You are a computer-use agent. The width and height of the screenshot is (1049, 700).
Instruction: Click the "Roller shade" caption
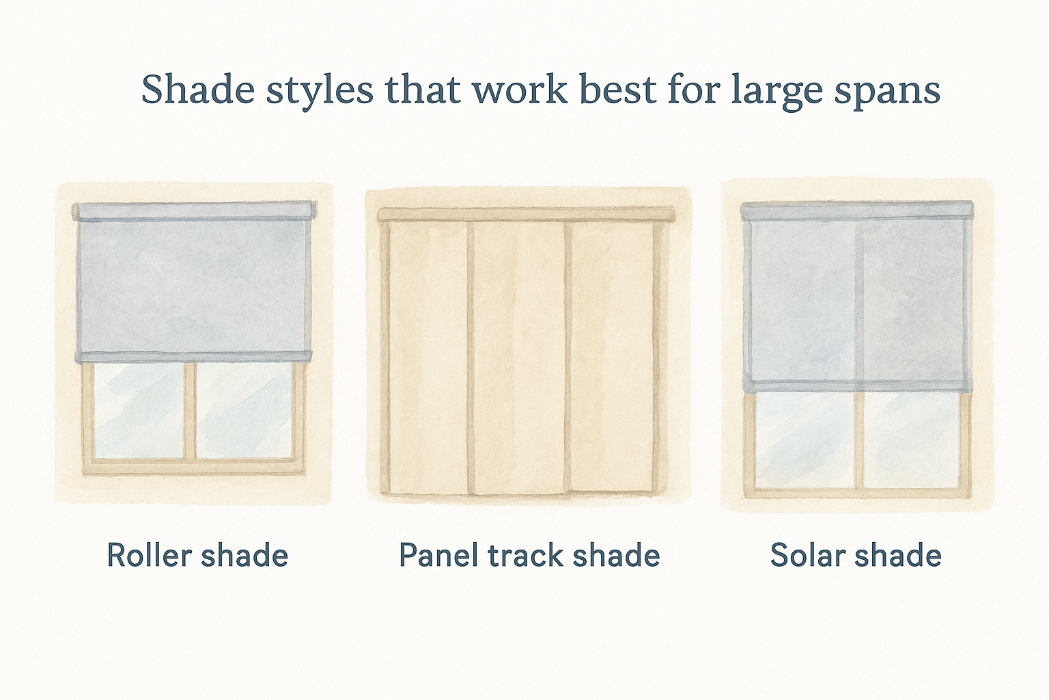pyautogui.click(x=197, y=555)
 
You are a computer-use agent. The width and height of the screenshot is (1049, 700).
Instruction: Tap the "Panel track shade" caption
pyautogui.click(x=529, y=555)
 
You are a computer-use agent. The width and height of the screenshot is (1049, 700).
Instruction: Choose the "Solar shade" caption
pyautogui.click(x=856, y=555)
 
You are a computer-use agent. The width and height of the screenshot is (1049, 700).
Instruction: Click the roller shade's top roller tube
pyautogui.click(x=195, y=211)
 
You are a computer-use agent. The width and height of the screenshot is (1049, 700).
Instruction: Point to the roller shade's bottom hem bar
pyautogui.click(x=195, y=356)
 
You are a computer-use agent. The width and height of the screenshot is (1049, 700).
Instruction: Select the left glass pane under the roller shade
pyautogui.click(x=140, y=410)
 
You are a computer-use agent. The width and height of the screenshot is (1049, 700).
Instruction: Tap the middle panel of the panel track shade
pyautogui.click(x=518, y=355)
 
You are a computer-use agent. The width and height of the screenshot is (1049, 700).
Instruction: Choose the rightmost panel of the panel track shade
pyautogui.click(x=613, y=355)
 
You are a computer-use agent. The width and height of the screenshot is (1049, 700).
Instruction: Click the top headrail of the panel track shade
pyautogui.click(x=526, y=213)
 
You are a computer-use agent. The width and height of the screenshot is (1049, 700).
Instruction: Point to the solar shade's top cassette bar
pyautogui.click(x=856, y=210)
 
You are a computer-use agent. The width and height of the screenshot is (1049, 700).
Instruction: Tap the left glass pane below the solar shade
pyautogui.click(x=805, y=439)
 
